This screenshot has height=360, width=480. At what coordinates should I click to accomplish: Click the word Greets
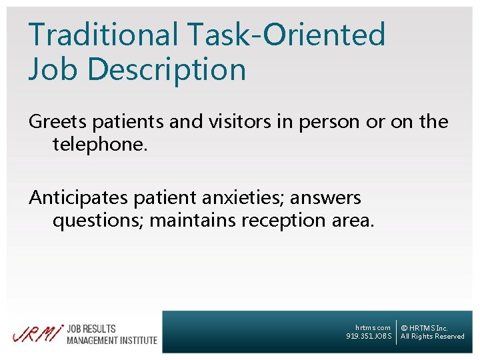[57, 122]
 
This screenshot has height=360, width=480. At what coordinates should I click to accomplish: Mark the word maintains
[190, 220]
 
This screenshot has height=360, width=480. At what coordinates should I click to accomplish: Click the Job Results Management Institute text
[111, 335]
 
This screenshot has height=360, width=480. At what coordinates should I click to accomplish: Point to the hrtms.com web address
[373, 328]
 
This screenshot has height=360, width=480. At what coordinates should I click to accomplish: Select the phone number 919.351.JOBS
[369, 337]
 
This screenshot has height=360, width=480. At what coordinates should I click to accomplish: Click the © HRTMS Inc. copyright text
[424, 328]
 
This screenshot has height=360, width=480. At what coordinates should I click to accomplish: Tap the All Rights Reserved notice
[432, 337]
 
